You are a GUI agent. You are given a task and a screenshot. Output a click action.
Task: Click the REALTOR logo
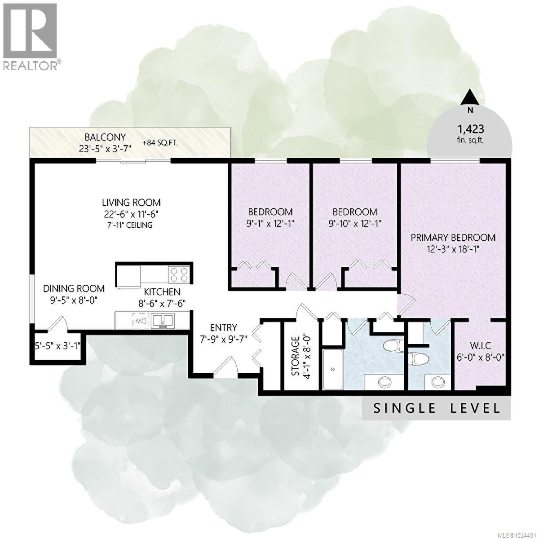(x=31, y=36)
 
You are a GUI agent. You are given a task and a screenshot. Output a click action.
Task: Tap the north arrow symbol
(x=470, y=96)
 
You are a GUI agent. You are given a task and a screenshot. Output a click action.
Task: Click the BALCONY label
(x=106, y=137)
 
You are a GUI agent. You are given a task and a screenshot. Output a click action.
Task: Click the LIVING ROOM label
(x=131, y=203)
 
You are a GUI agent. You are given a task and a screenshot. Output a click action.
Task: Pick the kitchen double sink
(x=163, y=321)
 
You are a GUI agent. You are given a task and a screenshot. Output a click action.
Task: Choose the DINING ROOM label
(x=74, y=288)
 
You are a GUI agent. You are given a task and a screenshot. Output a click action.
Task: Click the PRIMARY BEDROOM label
(x=453, y=237)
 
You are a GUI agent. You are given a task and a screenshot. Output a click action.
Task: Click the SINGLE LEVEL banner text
(x=437, y=408)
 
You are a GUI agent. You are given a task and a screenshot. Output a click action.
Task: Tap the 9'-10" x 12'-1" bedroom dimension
(x=354, y=223)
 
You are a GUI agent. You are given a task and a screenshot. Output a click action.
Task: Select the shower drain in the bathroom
(x=333, y=369)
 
